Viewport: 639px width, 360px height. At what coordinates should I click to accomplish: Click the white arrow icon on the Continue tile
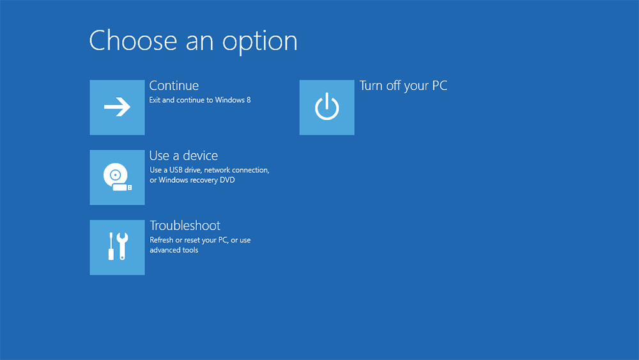117,107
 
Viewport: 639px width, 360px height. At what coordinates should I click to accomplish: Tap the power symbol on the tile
327,106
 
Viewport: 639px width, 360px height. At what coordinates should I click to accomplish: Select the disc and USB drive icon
118,177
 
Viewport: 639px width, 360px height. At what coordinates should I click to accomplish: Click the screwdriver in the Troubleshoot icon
111,246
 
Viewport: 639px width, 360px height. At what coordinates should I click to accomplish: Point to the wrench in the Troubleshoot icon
122,246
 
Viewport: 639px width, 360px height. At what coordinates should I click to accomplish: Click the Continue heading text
174,86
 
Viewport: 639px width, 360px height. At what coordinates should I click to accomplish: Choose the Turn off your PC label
403,86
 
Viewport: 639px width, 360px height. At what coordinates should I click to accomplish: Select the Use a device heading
183,155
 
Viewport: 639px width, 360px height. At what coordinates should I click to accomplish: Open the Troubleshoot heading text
185,226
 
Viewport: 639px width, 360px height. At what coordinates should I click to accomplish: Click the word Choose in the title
134,40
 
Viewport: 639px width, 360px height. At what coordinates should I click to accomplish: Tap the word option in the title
259,42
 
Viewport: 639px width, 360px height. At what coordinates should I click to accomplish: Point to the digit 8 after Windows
249,100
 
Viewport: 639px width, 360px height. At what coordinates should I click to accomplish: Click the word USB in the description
176,170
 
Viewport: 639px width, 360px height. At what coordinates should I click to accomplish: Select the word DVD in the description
227,180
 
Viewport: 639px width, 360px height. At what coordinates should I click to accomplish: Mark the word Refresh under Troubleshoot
162,240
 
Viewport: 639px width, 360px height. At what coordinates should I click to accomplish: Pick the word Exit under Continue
155,100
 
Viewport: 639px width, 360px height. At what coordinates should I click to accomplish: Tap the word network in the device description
217,170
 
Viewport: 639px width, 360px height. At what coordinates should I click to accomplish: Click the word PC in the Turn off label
440,86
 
